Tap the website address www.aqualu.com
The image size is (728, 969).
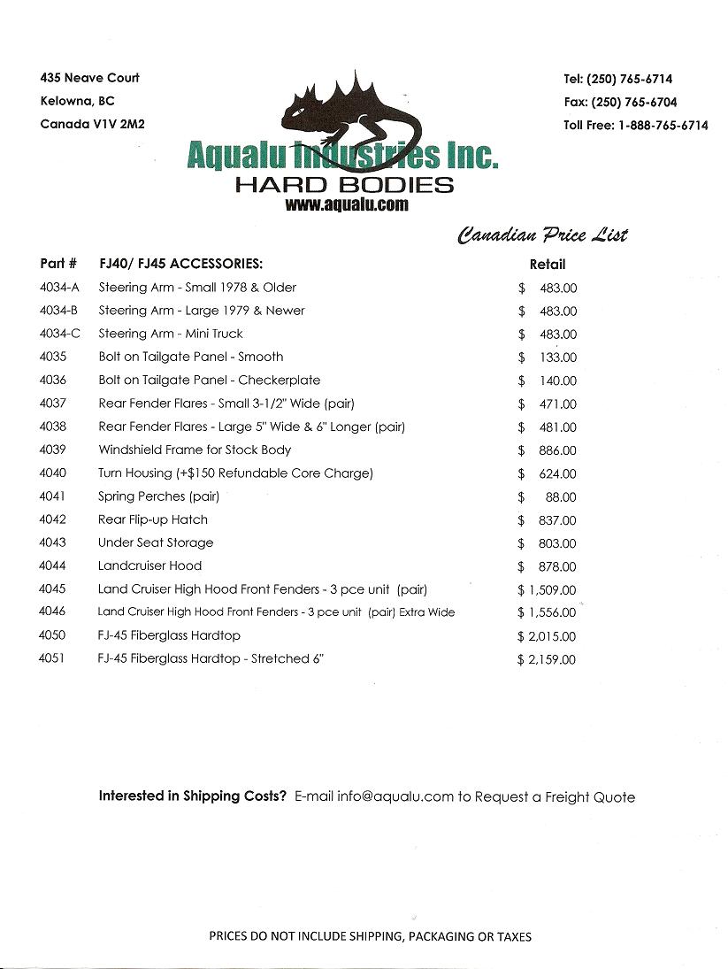(347, 204)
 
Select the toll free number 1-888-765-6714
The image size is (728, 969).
(662, 125)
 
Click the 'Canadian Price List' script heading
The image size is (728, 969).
(542, 235)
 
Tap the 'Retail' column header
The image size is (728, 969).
(548, 264)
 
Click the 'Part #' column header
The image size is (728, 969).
(58, 264)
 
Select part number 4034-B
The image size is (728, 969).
(60, 311)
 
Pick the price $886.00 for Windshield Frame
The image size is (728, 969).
(556, 450)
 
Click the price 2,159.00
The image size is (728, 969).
(552, 659)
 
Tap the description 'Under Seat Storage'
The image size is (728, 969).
(156, 542)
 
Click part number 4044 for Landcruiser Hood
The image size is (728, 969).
(53, 565)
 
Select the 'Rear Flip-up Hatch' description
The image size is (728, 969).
(153, 519)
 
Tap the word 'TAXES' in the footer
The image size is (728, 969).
(513, 936)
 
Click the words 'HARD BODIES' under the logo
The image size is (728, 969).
(344, 185)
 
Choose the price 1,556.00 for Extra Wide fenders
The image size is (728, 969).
(552, 612)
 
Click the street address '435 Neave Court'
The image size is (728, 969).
(90, 78)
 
